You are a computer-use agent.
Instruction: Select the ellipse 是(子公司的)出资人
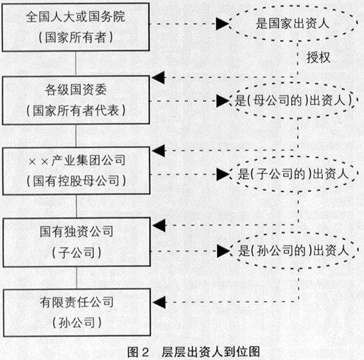293,157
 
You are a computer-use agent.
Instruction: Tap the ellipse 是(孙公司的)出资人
293,232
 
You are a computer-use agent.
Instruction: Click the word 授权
318,58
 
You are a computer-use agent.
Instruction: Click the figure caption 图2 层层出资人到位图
194,352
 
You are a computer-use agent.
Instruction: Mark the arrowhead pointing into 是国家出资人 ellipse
222,24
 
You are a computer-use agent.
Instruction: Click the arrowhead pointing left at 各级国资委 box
158,78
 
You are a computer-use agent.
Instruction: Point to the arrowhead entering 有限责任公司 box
159,302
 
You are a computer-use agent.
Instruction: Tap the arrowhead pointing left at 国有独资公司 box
159,225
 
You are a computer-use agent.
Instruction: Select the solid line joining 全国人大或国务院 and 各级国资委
76,63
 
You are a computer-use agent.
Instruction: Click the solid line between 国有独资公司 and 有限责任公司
77,278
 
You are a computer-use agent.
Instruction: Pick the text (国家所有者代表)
76,111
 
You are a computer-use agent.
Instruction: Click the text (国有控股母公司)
76,181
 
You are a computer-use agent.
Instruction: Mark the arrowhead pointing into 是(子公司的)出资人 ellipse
223,174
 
